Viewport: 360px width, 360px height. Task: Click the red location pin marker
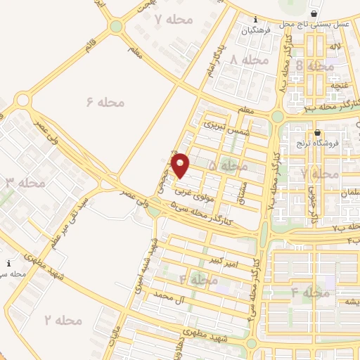[181, 165]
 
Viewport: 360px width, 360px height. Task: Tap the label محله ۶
[105, 102]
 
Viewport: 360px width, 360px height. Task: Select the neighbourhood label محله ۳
[26, 183]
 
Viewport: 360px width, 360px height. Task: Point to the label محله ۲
[64, 320]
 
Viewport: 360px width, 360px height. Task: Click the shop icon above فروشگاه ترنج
[317, 132]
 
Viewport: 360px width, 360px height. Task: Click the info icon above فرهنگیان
[255, 20]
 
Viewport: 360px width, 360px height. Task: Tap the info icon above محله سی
[8, 263]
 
